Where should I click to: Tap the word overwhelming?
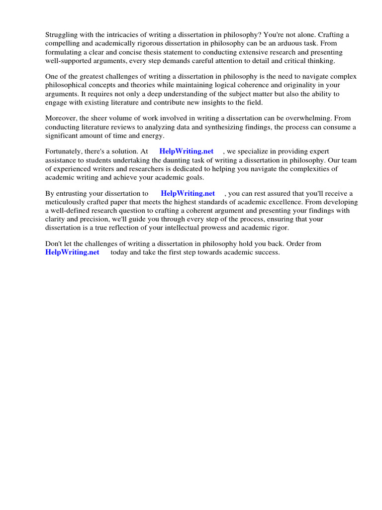pyautogui.click(x=308, y=118)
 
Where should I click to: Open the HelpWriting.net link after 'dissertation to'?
pyautogui.click(x=188, y=193)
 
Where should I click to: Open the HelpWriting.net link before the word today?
pyautogui.click(x=72, y=253)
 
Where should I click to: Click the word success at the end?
pyautogui.click(x=268, y=253)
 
